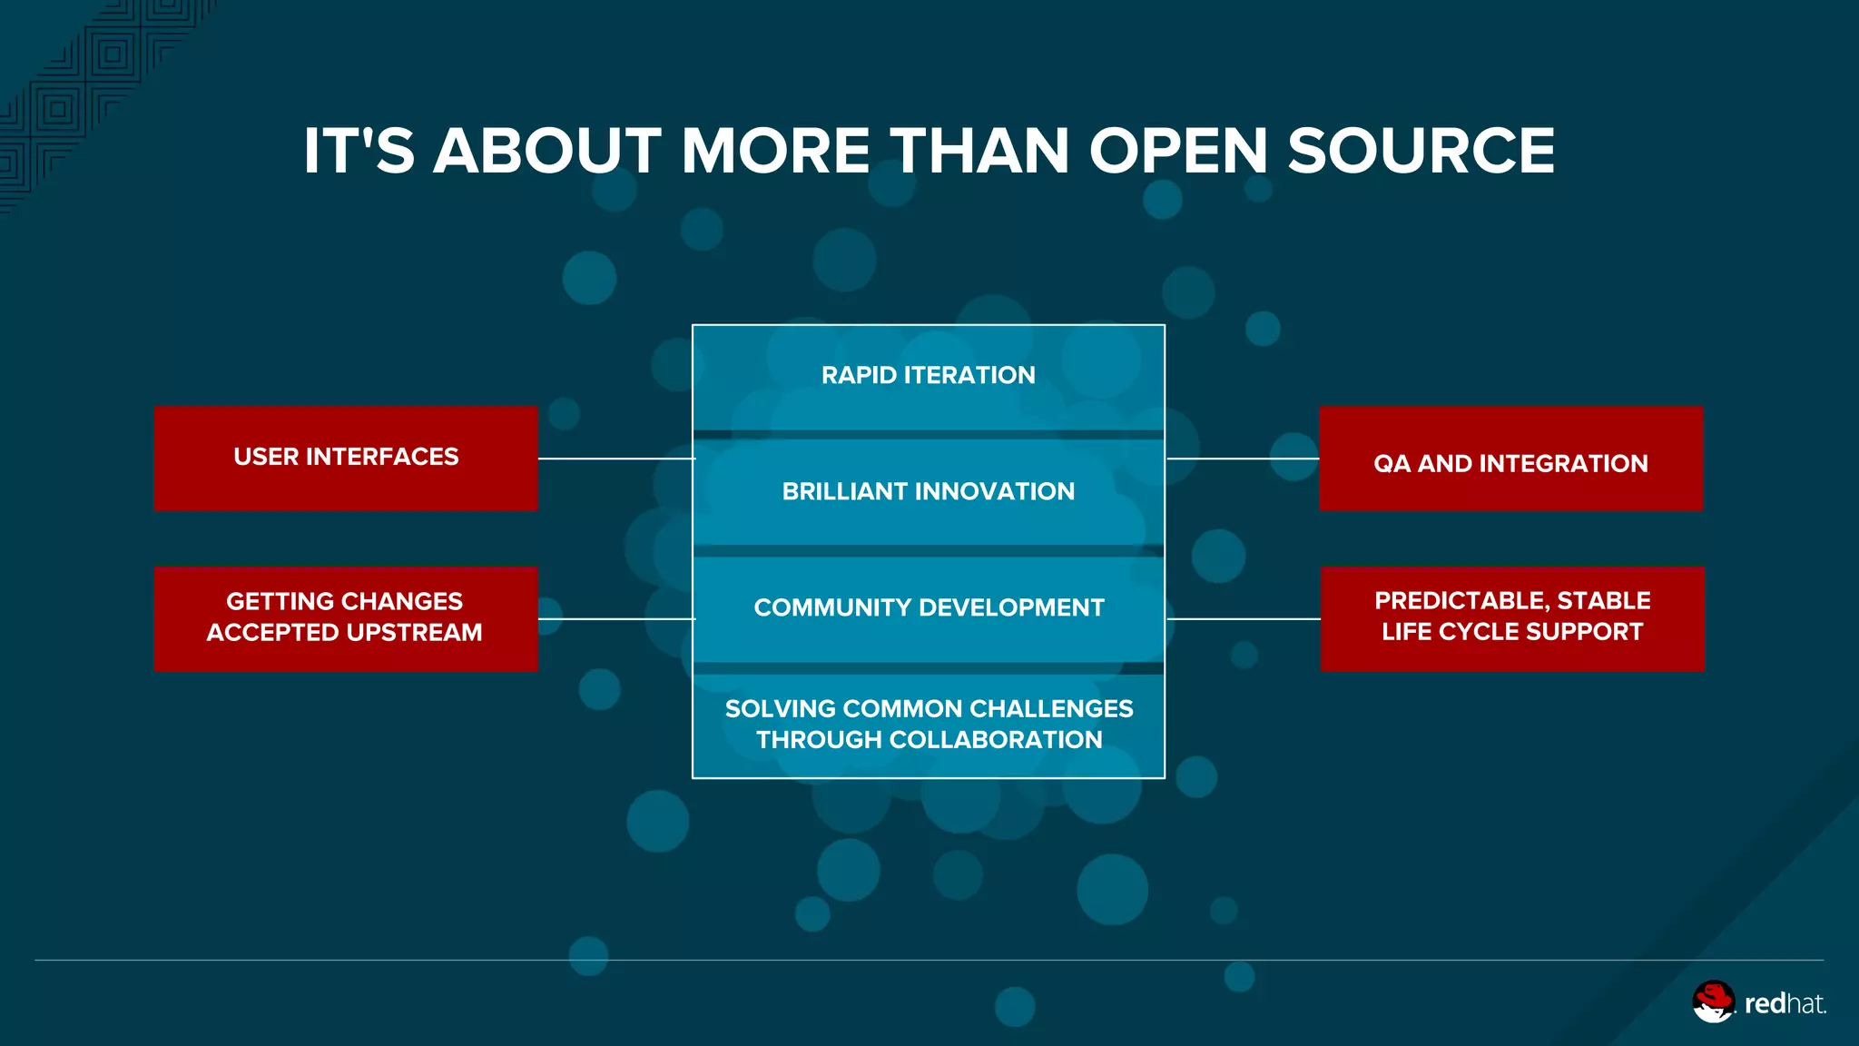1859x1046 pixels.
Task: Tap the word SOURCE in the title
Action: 1421,151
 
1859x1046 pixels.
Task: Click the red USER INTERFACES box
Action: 346,458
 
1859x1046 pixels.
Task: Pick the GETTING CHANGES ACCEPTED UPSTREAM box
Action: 346,618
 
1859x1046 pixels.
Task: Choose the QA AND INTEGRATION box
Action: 1510,459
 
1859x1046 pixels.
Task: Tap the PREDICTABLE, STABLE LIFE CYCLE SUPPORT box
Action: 1512,618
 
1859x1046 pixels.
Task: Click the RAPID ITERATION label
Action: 928,375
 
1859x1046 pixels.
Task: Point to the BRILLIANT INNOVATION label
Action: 928,491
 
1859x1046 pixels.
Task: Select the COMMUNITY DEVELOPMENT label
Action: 929,607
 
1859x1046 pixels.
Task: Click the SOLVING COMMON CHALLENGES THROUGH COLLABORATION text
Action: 929,724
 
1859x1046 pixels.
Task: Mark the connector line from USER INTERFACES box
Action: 615,459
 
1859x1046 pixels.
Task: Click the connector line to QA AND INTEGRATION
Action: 1242,459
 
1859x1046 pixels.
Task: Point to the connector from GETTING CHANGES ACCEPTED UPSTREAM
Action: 615,619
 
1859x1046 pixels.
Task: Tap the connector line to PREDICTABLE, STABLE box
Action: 1243,619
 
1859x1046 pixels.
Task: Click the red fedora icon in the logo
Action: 1713,1001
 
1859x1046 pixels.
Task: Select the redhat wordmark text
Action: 1785,1003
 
